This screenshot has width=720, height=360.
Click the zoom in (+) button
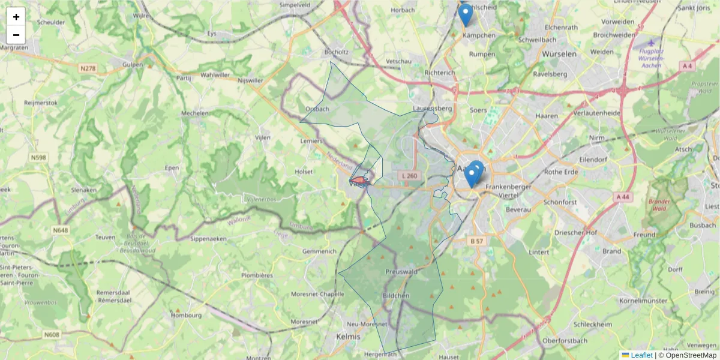(16, 17)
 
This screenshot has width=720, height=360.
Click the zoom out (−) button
(16, 35)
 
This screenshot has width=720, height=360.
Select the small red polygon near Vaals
(359, 179)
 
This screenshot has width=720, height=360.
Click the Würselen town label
(559, 53)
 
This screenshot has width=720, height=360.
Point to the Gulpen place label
(133, 64)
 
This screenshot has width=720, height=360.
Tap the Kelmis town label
(349, 336)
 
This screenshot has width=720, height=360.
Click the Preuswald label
(401, 271)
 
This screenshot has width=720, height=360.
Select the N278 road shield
(88, 69)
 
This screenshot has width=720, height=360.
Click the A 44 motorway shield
(622, 196)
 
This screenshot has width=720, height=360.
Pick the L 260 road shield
(409, 175)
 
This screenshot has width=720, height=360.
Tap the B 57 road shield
(476, 241)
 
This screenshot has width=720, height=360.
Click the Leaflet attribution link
(641, 355)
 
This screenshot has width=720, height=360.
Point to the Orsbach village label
(317, 109)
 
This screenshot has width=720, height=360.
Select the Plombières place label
(256, 275)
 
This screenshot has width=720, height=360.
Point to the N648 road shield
(60, 230)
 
